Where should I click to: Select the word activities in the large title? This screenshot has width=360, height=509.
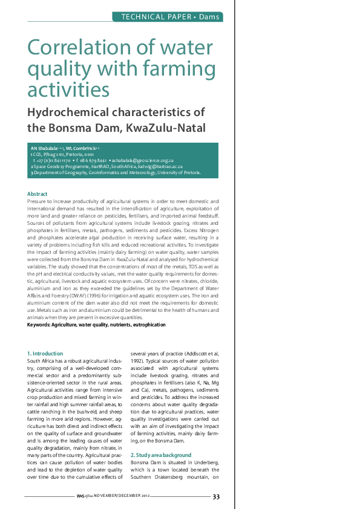(68, 89)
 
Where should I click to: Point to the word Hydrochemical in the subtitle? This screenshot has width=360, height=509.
(71, 112)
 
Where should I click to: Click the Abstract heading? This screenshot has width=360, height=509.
(38, 193)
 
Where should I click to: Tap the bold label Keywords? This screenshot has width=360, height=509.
(42, 325)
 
